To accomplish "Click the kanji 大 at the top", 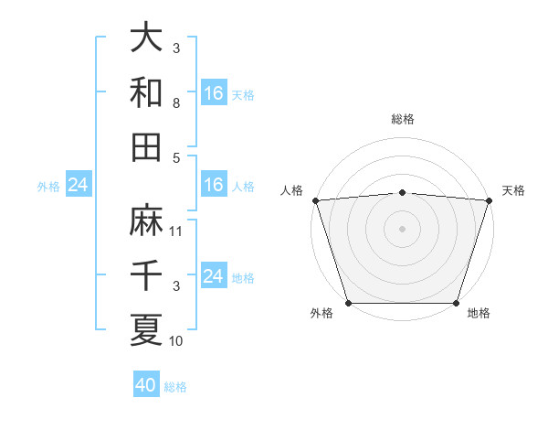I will (146, 38).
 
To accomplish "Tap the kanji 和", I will (146, 93).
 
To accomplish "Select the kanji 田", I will (146, 147).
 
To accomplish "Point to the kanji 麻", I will (146, 220).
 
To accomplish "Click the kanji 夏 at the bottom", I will (146, 329).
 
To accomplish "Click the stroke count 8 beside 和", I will (176, 104).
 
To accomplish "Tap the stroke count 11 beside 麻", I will (176, 231).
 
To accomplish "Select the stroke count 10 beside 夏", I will (176, 341).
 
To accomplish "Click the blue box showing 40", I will (146, 385).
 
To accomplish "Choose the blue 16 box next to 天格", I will (214, 93).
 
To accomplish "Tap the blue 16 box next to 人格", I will (214, 185).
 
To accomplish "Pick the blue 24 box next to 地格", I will (214, 276).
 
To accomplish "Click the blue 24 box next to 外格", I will (79, 185).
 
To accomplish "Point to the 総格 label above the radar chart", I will (402, 119).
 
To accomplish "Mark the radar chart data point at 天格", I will (489, 200).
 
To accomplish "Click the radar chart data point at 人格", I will (315, 200).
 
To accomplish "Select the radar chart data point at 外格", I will (348, 303).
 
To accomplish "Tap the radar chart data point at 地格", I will (456, 303).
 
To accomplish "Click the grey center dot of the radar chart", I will (402, 229).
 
